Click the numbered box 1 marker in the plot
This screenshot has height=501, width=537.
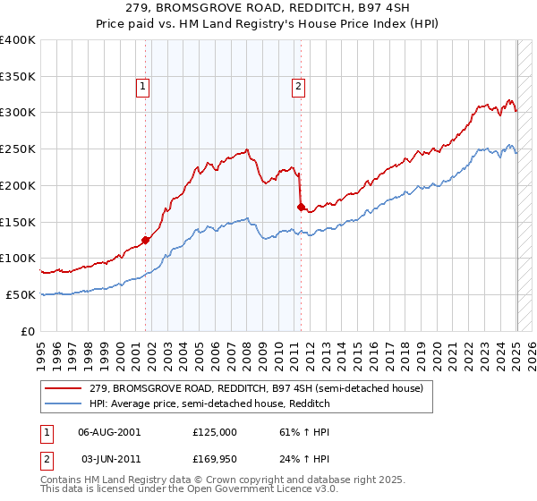(143, 87)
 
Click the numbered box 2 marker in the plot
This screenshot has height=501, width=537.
(297, 87)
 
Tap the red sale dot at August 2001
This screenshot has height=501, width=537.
(145, 239)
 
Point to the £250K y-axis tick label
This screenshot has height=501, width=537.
(18, 149)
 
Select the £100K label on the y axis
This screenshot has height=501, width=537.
(18, 259)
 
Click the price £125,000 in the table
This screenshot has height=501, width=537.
(215, 432)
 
